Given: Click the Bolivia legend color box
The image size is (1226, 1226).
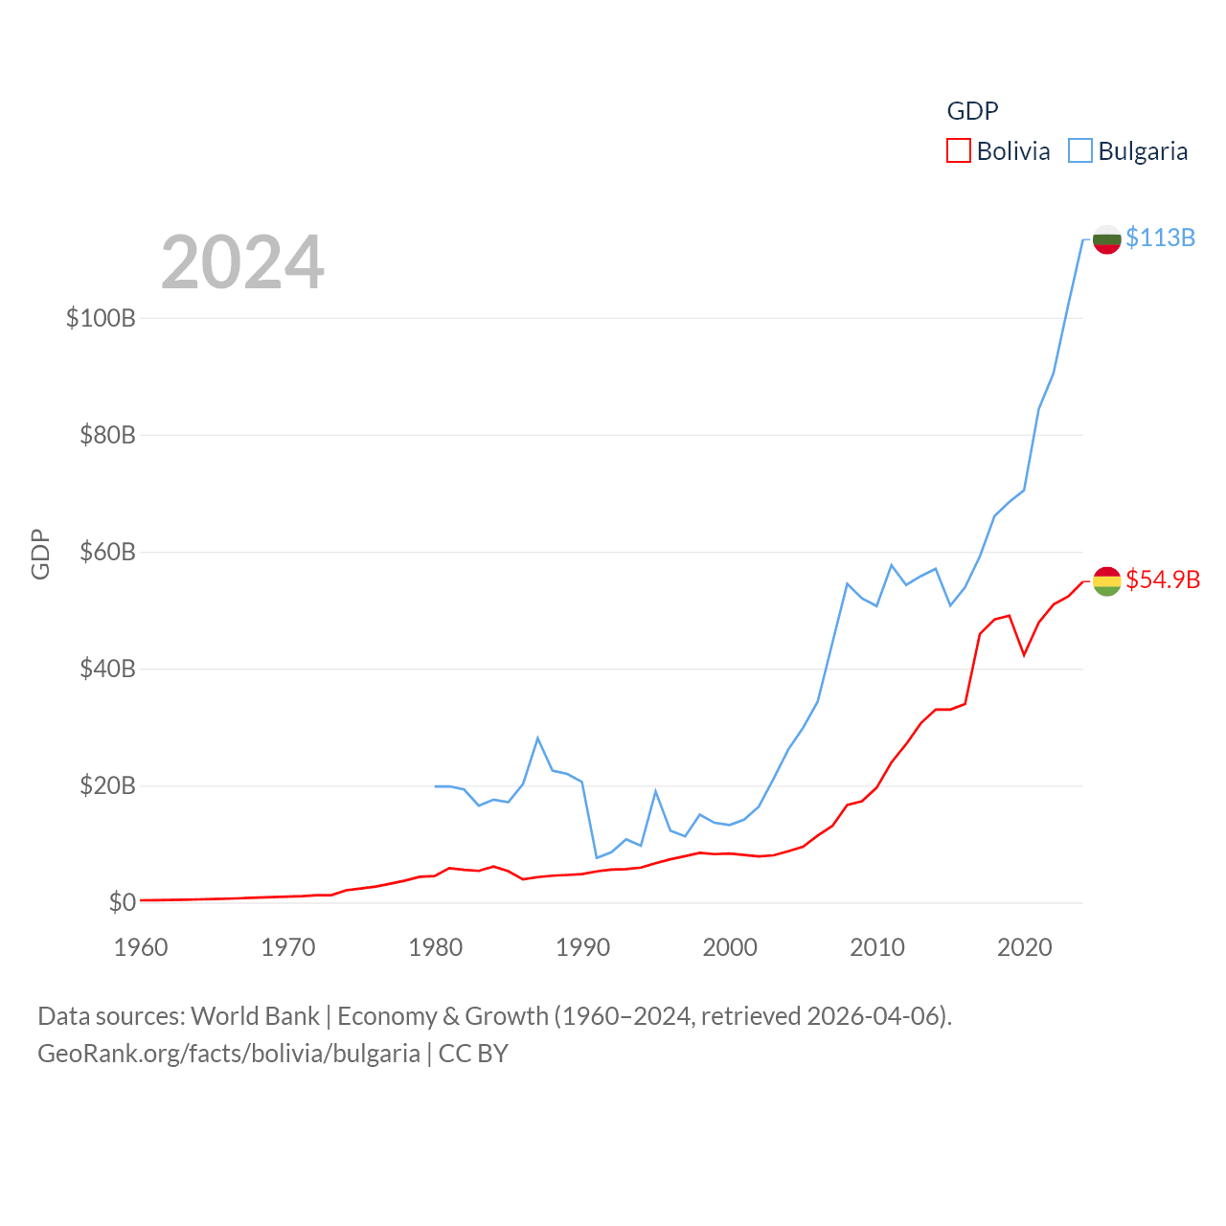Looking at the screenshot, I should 958,151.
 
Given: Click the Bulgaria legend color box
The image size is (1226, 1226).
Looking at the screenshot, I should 1079,151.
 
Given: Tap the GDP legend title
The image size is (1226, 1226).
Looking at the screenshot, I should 972,111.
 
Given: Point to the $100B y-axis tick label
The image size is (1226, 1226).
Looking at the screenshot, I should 101,318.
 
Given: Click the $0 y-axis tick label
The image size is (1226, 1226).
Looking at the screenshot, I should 122,902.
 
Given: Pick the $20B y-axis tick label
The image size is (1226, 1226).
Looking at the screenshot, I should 107,785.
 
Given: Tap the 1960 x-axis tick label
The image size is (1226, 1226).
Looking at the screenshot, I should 141,947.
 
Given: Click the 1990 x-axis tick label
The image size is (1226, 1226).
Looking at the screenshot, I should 582,947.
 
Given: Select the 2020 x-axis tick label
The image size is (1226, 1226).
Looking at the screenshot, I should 1024,947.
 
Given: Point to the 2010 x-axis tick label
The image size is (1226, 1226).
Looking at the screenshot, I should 877,947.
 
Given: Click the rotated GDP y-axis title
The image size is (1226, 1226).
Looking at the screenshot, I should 40,554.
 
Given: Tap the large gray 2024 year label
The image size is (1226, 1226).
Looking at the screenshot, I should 242,262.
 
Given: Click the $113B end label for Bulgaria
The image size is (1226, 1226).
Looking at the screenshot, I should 1160,238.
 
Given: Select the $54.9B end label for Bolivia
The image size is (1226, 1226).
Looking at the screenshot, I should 1163,579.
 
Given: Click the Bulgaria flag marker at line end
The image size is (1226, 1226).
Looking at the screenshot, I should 1106,239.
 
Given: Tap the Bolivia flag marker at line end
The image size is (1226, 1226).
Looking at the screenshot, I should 1106,580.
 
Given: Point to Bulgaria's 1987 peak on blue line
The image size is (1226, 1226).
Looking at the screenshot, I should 538,738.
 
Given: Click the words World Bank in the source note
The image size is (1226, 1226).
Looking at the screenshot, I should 255,1015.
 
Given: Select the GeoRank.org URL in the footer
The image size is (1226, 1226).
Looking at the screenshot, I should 229,1054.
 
